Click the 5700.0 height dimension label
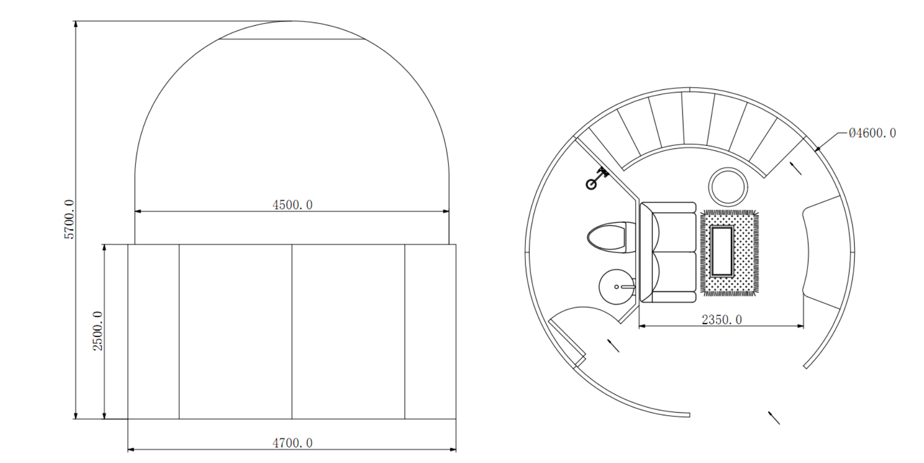click(x=70, y=220)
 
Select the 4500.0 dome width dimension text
click(x=292, y=205)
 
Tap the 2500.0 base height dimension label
click(x=98, y=331)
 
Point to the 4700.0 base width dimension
click(x=292, y=443)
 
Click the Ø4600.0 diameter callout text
click(x=872, y=133)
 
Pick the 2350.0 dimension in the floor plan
click(x=722, y=320)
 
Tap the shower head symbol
click(x=597, y=178)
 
